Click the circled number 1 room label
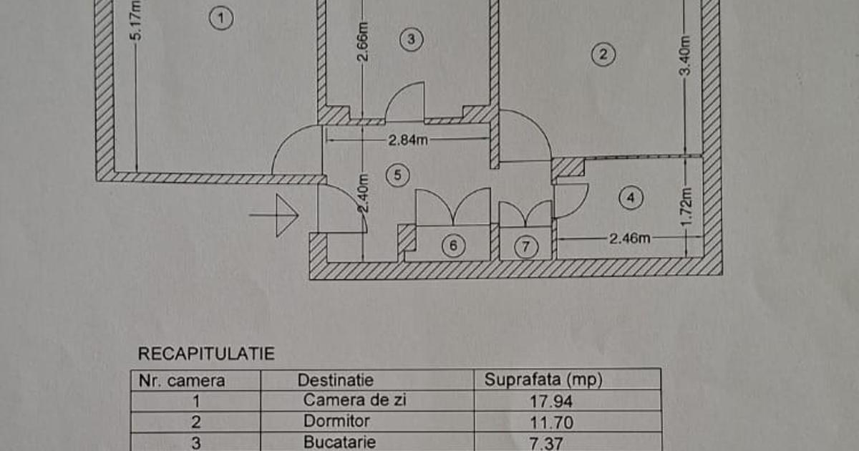coord(222,18)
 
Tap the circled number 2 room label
coord(603,54)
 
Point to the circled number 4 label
coord(630,197)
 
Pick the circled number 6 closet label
coord(453,246)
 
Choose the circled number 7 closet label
coord(526,247)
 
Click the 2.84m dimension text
coord(408,140)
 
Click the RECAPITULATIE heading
coord(206,353)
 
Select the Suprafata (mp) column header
coord(543,379)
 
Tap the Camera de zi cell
coord(354,400)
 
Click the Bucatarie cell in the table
coord(339,442)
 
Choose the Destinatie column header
coord(335,380)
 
